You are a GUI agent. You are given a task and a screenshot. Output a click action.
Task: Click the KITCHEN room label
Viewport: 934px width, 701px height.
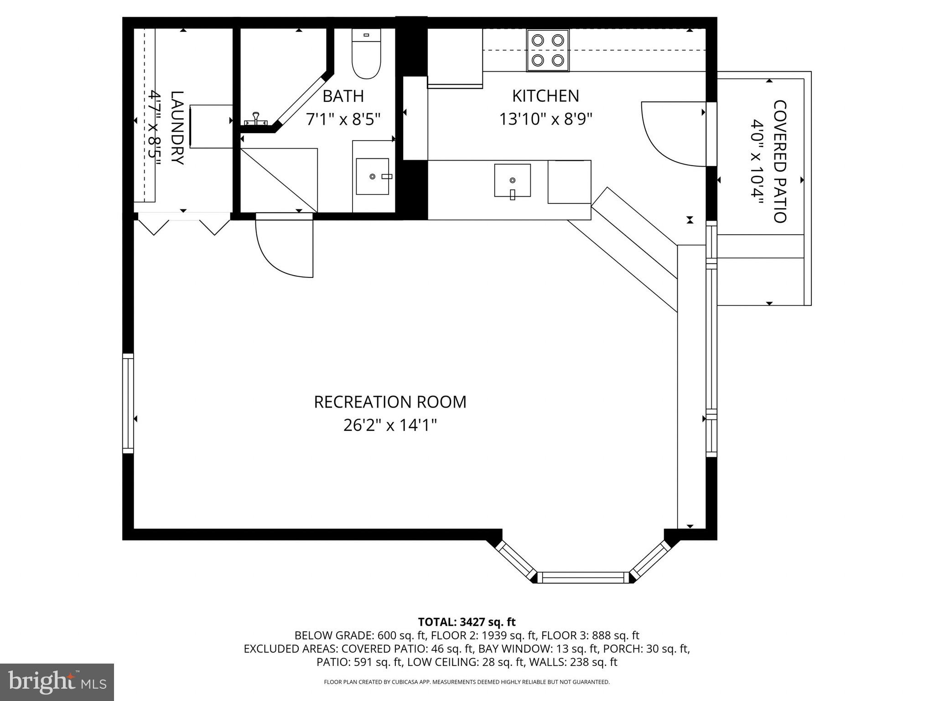click(545, 96)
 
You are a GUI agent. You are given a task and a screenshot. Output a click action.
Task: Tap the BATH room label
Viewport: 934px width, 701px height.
click(343, 96)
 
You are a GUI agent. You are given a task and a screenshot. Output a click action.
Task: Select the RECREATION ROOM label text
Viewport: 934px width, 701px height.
click(390, 402)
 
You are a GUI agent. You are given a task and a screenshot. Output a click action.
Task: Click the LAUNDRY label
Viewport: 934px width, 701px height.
click(177, 128)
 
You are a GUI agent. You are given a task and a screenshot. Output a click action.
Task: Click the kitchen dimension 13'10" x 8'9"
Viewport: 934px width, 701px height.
click(545, 120)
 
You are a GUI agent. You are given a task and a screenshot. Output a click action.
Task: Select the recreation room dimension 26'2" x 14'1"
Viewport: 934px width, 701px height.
click(390, 425)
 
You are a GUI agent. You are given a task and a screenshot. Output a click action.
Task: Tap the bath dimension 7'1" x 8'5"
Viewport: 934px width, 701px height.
click(343, 120)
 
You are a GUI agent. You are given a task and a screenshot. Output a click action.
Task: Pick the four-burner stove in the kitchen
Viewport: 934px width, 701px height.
click(548, 50)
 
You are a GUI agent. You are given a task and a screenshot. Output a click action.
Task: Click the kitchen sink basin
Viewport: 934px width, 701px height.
click(512, 181)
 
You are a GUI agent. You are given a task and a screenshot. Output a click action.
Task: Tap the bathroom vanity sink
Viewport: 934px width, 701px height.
click(373, 177)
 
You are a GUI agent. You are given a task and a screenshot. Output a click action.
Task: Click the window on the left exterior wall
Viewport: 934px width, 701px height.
click(128, 403)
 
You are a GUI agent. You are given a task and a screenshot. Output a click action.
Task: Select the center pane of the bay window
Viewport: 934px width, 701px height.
click(583, 578)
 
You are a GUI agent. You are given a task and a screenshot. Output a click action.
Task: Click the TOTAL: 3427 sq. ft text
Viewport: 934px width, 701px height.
click(467, 622)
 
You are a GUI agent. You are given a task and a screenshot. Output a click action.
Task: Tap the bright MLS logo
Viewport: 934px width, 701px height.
click(57, 682)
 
